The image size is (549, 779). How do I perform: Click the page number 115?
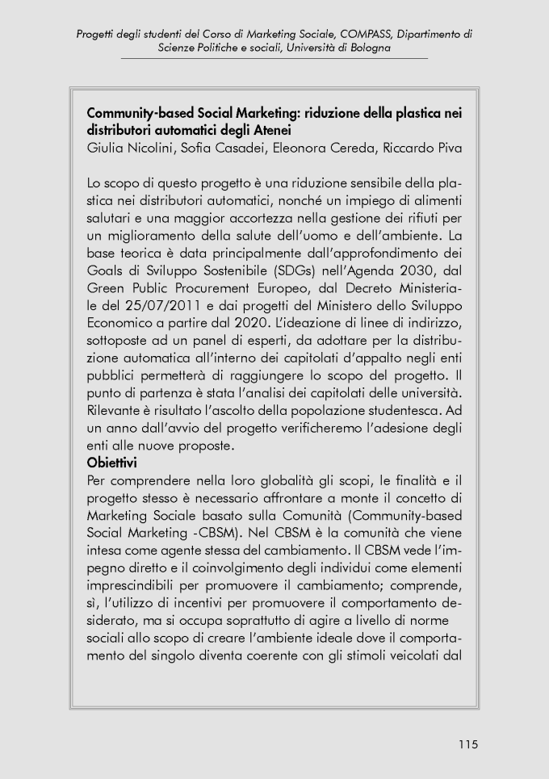click(467, 744)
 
